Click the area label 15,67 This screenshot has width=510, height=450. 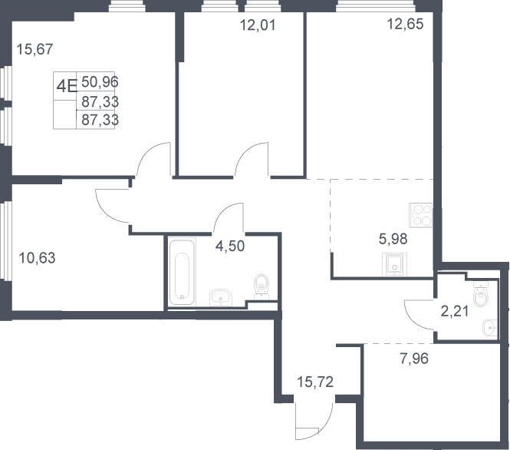[35, 49]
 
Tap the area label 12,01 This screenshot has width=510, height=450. [258, 25]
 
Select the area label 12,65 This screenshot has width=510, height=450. [405, 24]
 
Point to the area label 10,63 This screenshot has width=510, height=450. [37, 258]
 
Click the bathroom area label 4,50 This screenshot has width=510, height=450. [230, 246]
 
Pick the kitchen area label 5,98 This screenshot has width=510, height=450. [393, 239]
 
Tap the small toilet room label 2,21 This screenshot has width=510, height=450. [455, 311]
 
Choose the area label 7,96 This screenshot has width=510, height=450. [414, 359]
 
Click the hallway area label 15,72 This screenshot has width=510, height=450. [315, 382]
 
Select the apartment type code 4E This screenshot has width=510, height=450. [67, 86]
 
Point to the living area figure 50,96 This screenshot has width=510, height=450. [100, 81]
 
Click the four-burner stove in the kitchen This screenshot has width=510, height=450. [421, 215]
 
